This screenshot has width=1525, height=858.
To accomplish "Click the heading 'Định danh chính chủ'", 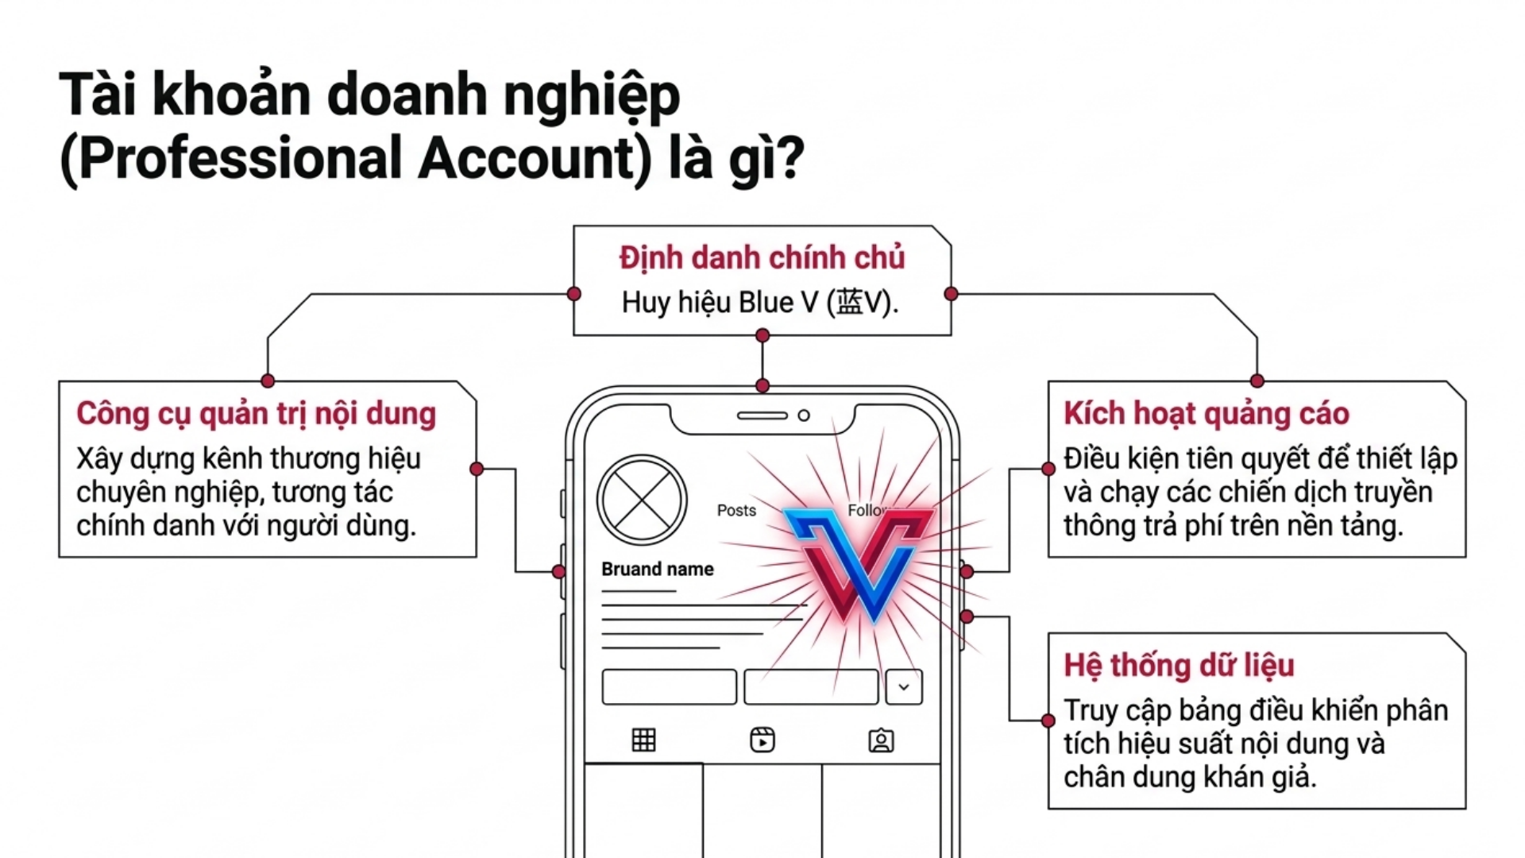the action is (x=762, y=258).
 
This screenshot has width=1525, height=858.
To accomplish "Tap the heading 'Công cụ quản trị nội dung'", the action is (x=257, y=415).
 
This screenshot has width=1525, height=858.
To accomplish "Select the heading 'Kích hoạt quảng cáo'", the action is (x=1206, y=414).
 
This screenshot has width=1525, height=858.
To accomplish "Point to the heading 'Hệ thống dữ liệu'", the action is (x=1179, y=666).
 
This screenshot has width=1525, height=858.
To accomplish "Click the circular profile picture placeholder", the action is (x=642, y=500).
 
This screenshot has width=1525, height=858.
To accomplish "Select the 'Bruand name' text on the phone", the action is (x=658, y=569).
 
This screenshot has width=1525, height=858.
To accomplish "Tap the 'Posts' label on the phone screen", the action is (x=736, y=510).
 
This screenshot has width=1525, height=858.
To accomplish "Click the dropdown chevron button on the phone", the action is (x=904, y=687).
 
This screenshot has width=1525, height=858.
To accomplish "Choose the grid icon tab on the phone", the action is (x=643, y=740).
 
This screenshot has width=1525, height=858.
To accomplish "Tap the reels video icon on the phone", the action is (x=762, y=740).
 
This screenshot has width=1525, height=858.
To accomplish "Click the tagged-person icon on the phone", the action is (x=881, y=740).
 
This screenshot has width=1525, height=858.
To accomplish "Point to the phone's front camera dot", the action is (x=804, y=415).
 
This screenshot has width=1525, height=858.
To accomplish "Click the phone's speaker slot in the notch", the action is (x=762, y=415).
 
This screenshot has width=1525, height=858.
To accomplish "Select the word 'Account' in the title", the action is (x=524, y=158).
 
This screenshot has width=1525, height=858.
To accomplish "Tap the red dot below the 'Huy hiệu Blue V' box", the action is (x=762, y=335).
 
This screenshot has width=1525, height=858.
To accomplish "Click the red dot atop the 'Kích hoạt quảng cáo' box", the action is (x=1257, y=381).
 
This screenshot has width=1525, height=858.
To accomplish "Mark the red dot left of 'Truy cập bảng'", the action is (x=1048, y=721).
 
